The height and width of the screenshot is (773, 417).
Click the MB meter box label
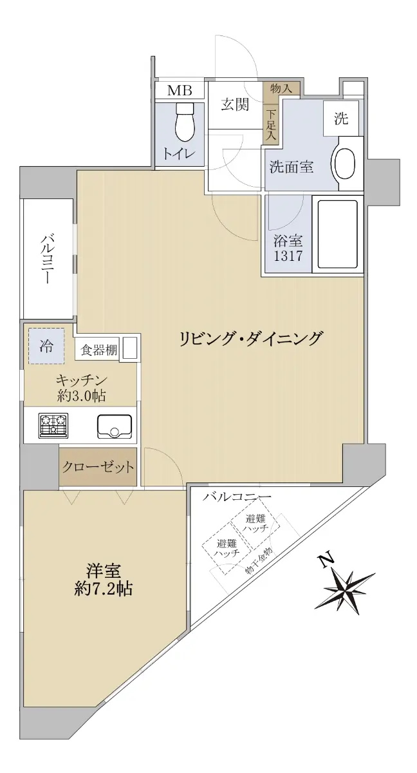[x=179, y=90]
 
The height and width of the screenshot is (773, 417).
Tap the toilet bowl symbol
[x=185, y=122]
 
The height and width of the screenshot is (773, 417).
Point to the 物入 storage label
[x=281, y=89]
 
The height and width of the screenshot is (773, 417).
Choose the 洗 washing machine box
[x=340, y=119]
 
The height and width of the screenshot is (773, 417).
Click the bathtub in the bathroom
[x=338, y=234]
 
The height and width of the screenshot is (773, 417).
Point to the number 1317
[x=288, y=256]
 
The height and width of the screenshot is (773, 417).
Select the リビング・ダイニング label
[x=251, y=339]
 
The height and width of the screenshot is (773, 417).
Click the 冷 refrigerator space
[x=46, y=346]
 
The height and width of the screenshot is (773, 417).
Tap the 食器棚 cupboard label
[x=98, y=350]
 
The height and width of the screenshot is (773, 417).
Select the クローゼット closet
[x=98, y=467]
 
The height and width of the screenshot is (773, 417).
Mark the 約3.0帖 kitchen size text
[x=81, y=396]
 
